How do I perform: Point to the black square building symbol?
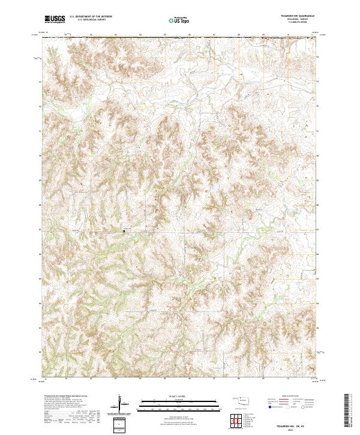pyautogui.click(x=124, y=230)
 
